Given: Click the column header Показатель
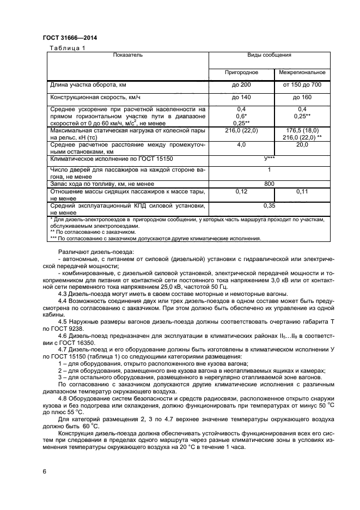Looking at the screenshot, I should [128, 55].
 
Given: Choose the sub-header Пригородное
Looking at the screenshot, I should [241, 72].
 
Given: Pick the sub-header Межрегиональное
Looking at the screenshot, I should [302, 72].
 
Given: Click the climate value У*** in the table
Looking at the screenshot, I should [269, 158].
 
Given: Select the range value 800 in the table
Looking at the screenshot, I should [269, 184].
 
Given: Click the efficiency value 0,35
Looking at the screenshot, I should [269, 206].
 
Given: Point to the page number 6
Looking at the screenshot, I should [44, 470].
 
